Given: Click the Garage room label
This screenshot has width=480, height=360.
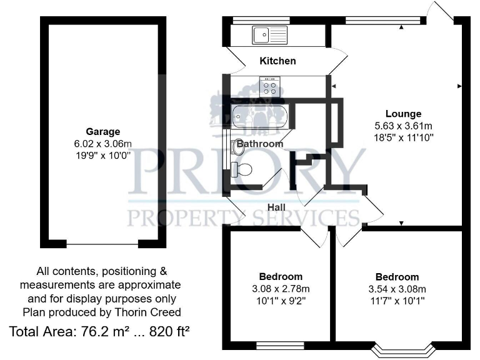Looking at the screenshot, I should click(103, 132).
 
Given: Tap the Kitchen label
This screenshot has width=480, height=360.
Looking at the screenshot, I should click(277, 61).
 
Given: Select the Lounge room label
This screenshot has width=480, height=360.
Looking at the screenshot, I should click(403, 114).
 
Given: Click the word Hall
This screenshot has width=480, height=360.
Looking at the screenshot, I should click(276, 207).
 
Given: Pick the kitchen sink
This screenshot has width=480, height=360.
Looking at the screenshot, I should click(269, 34).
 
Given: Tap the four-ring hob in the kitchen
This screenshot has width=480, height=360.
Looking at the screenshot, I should click(271, 87).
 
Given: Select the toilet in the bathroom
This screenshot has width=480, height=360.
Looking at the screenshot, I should click(242, 169).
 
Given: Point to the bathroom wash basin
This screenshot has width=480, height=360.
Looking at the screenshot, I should click(239, 147).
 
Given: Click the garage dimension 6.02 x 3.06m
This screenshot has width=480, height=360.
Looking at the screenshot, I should click(103, 143).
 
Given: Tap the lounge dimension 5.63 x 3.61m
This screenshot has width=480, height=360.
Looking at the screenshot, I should click(403, 125).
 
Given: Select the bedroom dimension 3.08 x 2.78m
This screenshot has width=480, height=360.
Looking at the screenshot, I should click(281, 288).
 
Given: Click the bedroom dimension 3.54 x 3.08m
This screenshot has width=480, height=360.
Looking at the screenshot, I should click(397, 289).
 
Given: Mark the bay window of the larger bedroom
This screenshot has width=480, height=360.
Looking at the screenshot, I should click(401, 349).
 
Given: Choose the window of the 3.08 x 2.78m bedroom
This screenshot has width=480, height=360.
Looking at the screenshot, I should click(279, 345).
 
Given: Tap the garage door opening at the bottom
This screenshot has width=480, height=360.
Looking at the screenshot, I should click(103, 242).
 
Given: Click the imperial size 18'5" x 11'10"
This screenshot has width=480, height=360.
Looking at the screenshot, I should click(403, 136).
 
